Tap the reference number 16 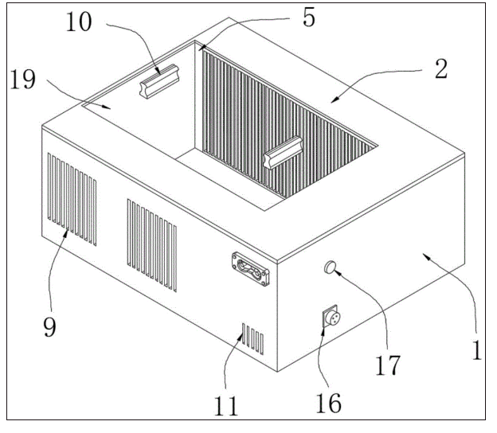328,402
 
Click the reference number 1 477,350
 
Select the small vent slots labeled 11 252,338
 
